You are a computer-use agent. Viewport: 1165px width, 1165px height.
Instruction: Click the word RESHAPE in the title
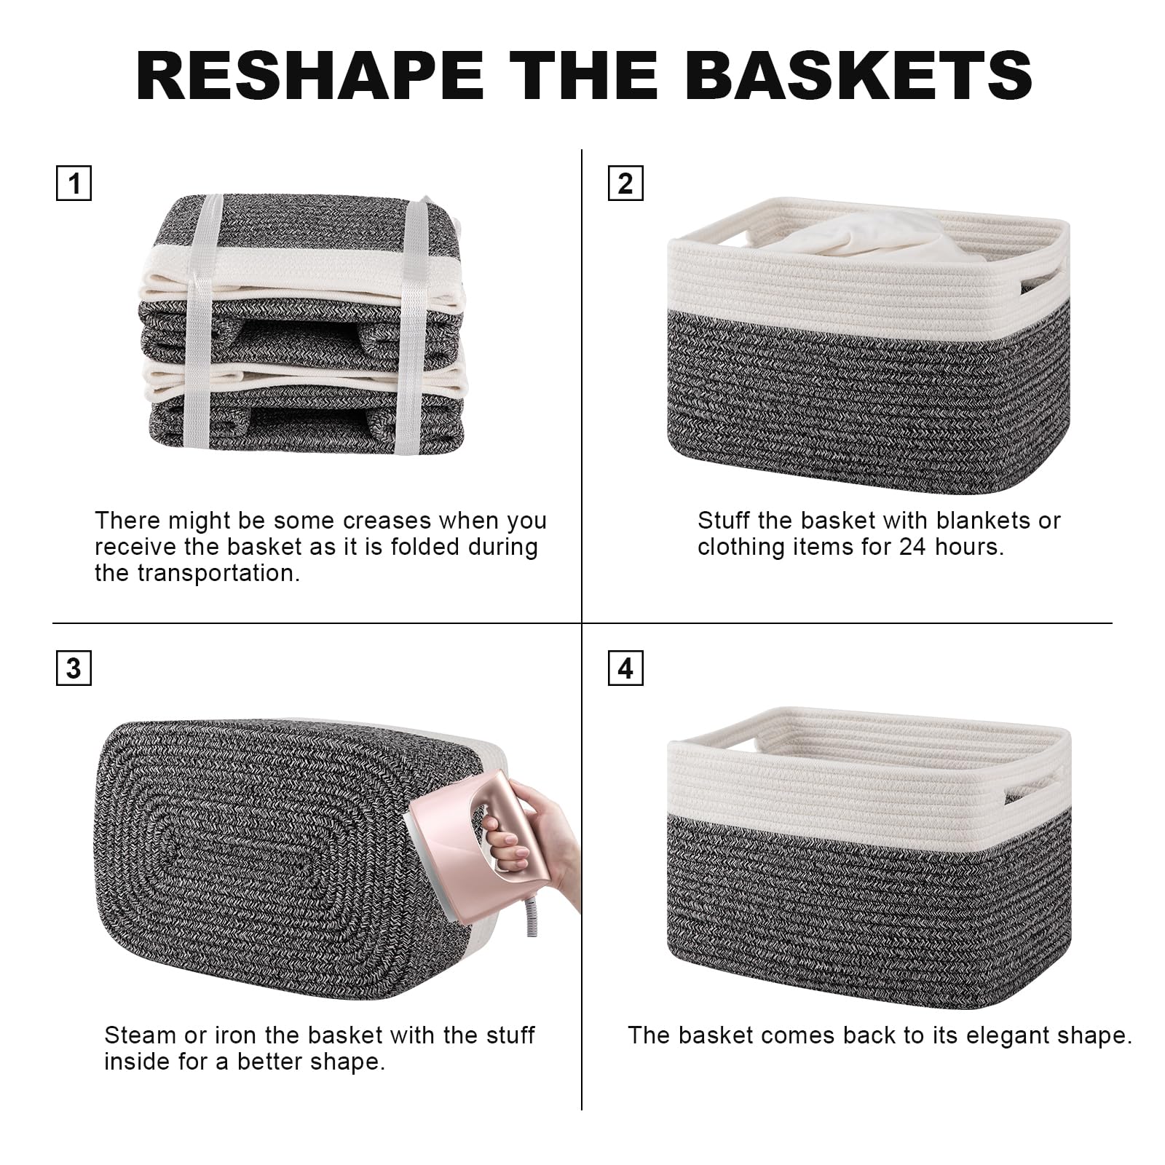pos(310,74)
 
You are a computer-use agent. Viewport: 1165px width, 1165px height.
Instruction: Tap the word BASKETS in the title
pos(859,74)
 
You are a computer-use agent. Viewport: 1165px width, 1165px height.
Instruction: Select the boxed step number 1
pos(74,183)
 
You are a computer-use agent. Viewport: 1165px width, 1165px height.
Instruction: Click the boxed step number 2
pos(625,183)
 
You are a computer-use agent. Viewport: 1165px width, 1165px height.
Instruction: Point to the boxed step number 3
pos(74,668)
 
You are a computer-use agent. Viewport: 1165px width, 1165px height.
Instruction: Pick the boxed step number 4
pos(625,668)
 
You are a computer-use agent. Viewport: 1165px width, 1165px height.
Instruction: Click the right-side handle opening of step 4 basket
pos(1026,789)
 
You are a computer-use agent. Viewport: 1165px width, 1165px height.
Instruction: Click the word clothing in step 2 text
pos(740,547)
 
